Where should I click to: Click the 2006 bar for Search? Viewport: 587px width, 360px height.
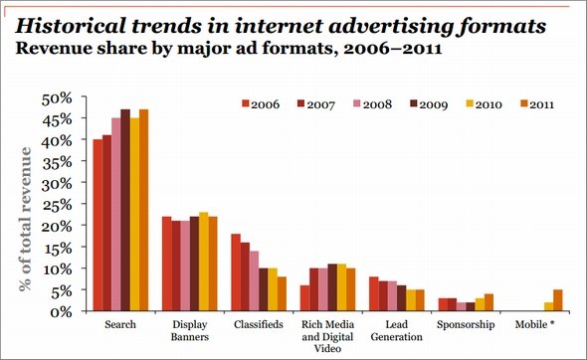[98, 225]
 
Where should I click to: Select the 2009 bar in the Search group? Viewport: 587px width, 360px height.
[125, 210]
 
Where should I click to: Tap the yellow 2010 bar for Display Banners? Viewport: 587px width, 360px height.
[204, 262]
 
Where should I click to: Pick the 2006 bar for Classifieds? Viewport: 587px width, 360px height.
[236, 272]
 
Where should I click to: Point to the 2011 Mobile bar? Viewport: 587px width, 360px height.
[558, 300]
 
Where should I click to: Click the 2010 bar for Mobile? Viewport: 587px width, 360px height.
[549, 306]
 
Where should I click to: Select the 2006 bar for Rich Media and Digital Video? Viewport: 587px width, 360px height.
[304, 298]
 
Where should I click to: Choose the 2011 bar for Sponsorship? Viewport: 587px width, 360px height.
[489, 302]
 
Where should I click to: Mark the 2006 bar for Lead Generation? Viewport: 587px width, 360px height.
[374, 293]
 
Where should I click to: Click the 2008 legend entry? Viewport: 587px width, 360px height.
[372, 104]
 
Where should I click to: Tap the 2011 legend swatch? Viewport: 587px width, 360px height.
[524, 103]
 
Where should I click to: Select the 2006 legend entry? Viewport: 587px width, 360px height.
[261, 104]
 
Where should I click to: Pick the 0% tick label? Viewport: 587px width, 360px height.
[61, 311]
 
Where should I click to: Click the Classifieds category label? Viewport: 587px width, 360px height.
[259, 324]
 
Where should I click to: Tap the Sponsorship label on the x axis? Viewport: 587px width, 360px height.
[466, 325]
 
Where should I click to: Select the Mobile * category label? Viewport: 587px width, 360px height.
[534, 324]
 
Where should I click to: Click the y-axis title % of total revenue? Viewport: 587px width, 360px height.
[26, 220]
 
